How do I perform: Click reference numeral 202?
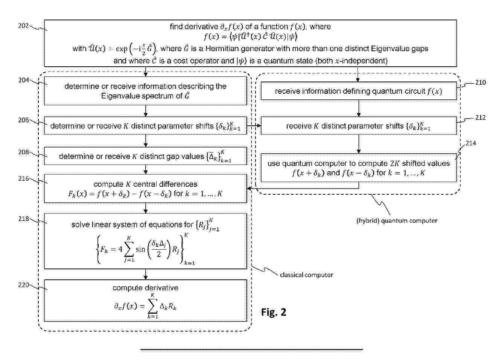pos(23,26)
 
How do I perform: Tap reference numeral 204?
pos(23,80)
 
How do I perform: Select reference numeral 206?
pos(23,120)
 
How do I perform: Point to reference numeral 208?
pos(23,152)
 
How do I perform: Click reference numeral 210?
pos(480,82)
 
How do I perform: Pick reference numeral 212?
pos(480,118)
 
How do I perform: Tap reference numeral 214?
pos(471,143)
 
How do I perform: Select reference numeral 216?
pos(23,178)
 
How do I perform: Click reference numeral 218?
pos(23,218)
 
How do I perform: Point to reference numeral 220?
pos(23,285)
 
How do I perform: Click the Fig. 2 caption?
pos(274,312)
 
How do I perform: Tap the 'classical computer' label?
pos(306,275)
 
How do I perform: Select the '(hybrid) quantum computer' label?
pos(397,221)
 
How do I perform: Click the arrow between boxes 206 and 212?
pos(254,126)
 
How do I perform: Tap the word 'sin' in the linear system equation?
pos(140,249)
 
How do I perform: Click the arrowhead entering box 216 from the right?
pos(249,189)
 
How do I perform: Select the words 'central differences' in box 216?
pos(165,184)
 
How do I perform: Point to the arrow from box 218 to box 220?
pos(146,274)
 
